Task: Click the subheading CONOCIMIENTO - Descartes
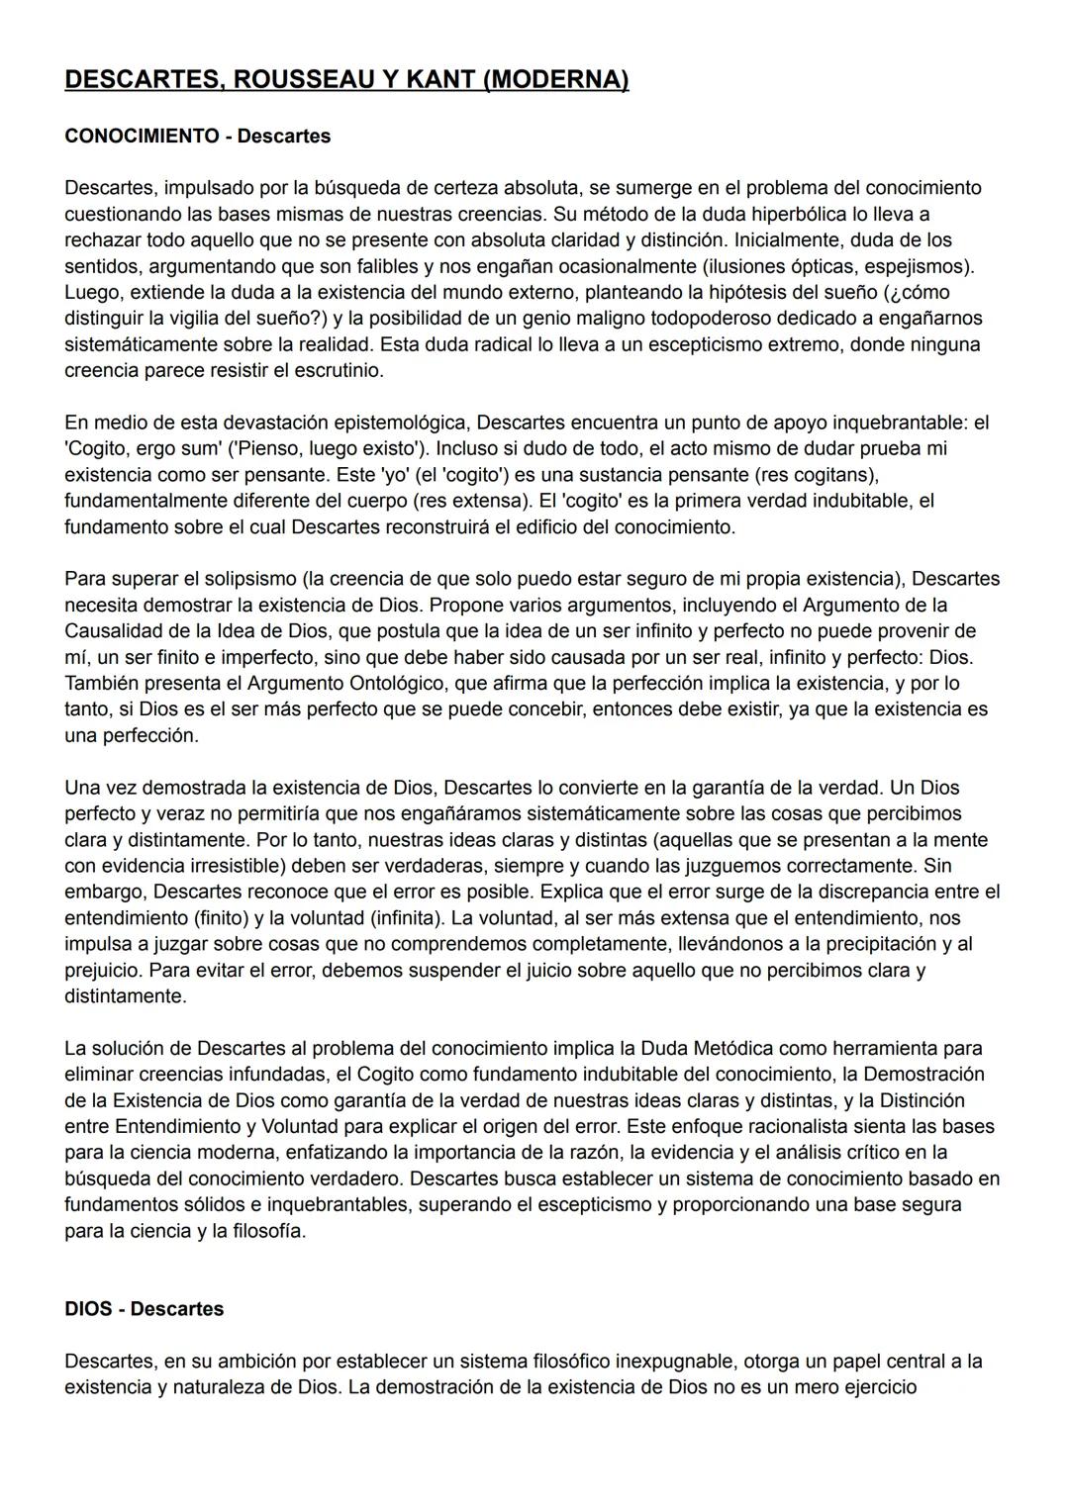pos(197,136)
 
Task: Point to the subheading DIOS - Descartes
pos(144,1308)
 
